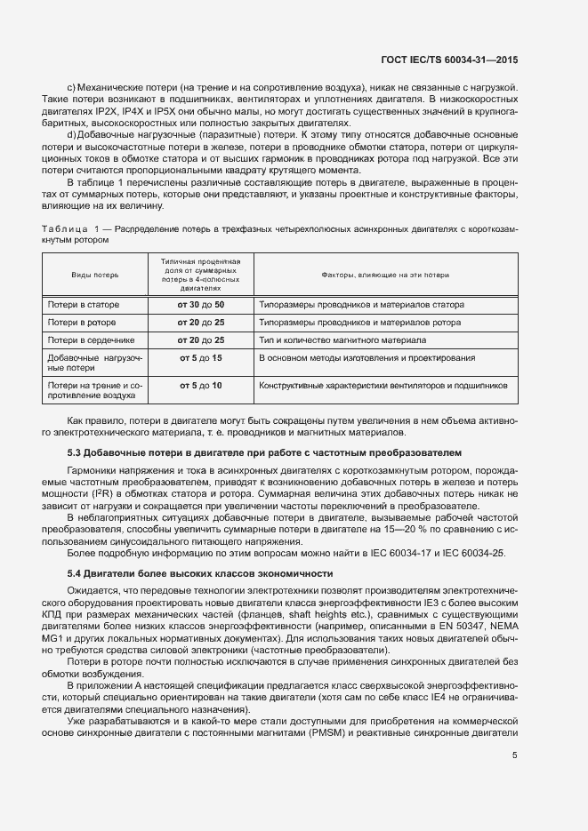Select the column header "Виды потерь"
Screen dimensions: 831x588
95,276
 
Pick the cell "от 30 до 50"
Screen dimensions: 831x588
201,305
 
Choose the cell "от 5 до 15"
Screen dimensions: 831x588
201,357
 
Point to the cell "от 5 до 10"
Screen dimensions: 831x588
201,386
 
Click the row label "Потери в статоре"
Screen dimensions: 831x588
84,305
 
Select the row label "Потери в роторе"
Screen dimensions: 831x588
83,323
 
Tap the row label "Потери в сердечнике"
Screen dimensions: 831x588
91,340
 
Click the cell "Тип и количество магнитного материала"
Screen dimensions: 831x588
342,340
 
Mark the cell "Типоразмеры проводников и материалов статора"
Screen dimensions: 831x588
361,305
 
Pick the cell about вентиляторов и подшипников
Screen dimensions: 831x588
383,386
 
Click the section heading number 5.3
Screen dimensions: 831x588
75,452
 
